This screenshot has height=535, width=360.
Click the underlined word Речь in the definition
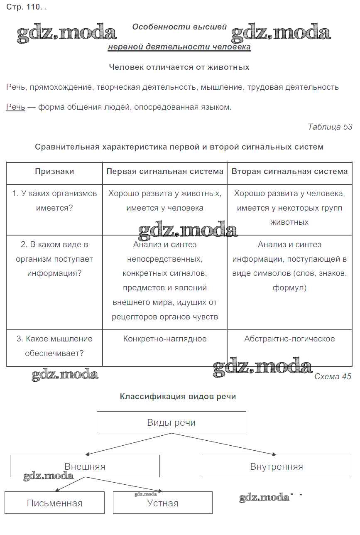15,107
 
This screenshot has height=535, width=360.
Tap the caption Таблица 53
330,127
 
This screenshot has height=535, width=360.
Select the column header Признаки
54,172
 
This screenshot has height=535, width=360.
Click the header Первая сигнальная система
165,172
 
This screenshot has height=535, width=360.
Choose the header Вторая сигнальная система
289,172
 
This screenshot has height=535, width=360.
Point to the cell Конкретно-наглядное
165,339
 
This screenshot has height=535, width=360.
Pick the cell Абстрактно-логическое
289,339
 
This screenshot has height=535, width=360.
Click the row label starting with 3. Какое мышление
54,346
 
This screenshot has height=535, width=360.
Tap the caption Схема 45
333,376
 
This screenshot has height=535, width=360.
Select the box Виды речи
171,422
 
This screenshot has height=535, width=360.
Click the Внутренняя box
277,466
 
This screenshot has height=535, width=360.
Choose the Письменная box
54,503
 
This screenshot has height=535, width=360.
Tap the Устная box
163,503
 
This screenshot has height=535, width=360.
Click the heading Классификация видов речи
178,397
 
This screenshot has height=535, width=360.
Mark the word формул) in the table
289,288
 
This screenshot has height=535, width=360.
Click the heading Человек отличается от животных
179,67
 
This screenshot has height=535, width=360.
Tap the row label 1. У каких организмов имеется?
54,201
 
